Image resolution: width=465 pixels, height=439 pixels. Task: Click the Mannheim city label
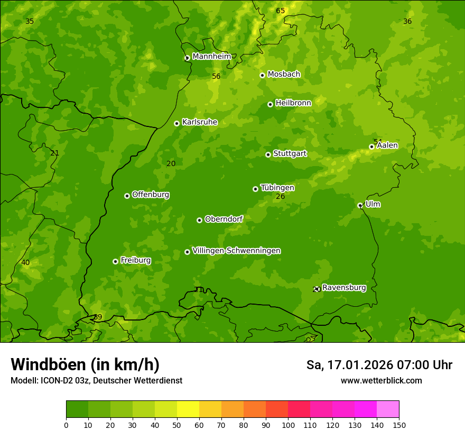click(211, 57)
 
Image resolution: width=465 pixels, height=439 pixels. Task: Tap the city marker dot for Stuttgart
click(268, 154)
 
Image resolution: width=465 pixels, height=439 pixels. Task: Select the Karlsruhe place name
click(199, 122)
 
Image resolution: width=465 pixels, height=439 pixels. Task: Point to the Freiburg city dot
click(115, 261)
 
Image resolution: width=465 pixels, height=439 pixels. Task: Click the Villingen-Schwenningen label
click(236, 251)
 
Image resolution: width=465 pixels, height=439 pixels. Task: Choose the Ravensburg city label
click(343, 288)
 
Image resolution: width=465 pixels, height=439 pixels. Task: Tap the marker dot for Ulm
click(360, 205)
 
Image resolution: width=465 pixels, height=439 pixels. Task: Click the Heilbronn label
click(293, 103)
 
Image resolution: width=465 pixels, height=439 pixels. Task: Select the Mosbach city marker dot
click(262, 75)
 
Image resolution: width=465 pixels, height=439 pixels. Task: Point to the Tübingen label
click(277, 188)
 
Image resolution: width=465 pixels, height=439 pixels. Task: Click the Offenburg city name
click(151, 195)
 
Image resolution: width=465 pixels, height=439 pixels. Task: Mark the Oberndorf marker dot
click(199, 220)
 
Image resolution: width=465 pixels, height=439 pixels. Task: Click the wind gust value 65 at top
click(280, 11)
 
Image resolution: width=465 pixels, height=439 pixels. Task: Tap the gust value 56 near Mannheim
click(216, 77)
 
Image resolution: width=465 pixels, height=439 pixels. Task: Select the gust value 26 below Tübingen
click(280, 197)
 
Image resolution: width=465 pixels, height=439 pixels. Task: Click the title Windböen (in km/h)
click(85, 364)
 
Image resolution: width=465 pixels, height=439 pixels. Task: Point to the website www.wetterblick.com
click(381, 380)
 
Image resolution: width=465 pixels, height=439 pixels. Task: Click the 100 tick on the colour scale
click(288, 425)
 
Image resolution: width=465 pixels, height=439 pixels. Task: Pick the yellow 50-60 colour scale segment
click(188, 409)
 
